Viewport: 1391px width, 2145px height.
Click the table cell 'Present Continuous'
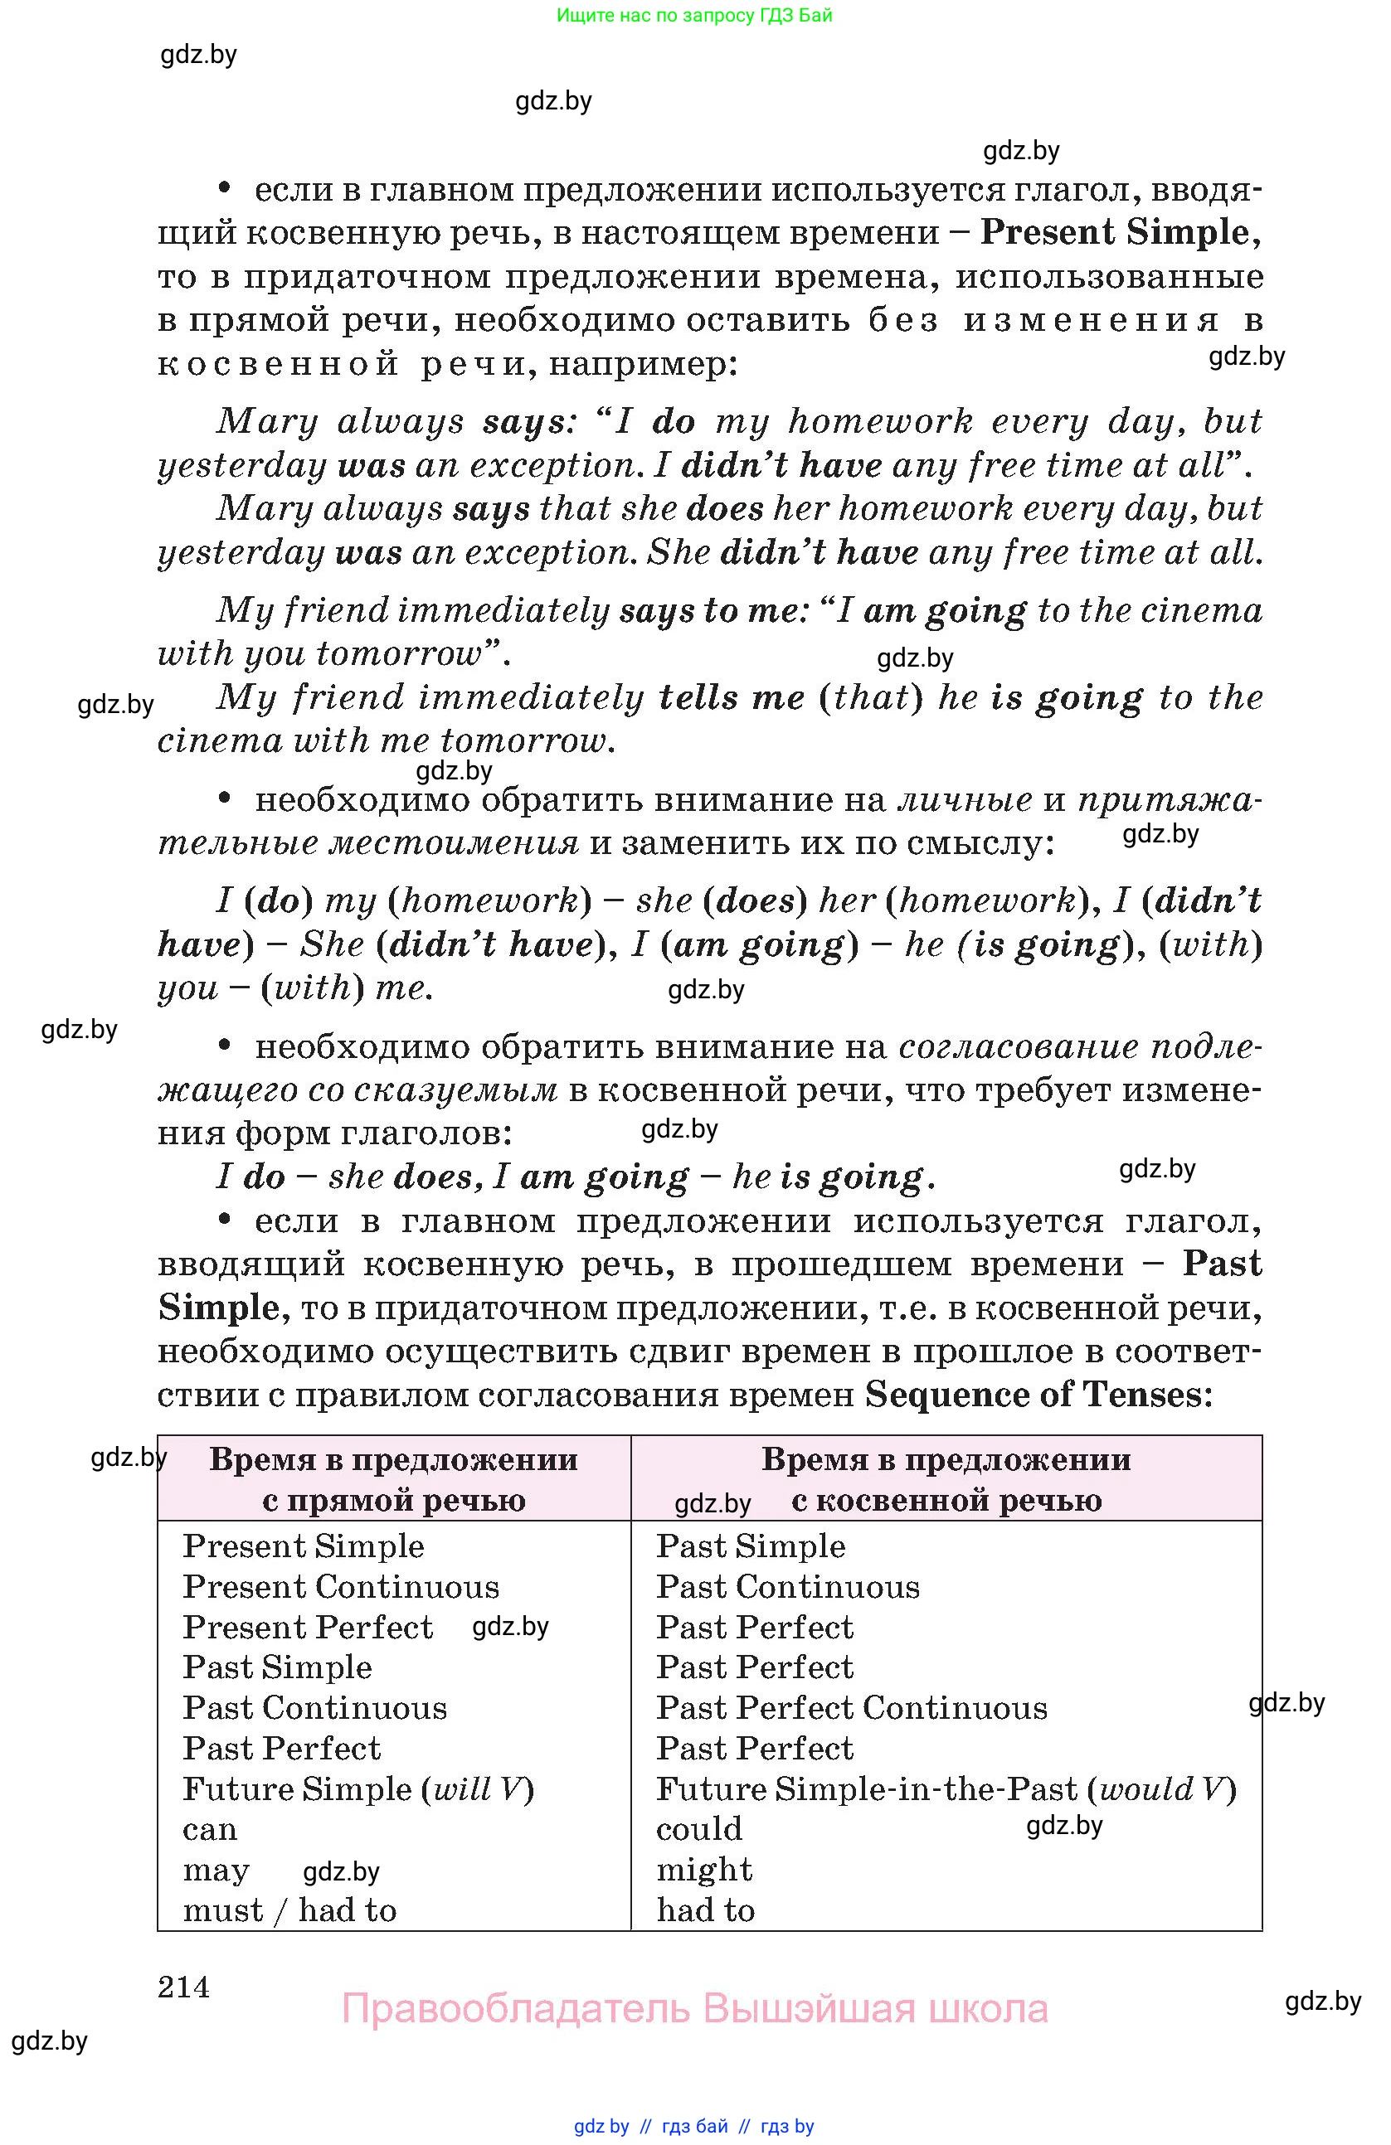click(341, 1587)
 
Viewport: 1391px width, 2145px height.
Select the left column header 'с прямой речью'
click(394, 1501)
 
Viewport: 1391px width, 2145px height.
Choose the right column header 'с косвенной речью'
click(946, 1501)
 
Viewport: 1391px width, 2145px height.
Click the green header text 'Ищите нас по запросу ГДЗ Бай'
click(694, 15)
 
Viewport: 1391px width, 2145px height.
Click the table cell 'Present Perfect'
click(308, 1628)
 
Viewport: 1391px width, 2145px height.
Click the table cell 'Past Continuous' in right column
click(787, 1587)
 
